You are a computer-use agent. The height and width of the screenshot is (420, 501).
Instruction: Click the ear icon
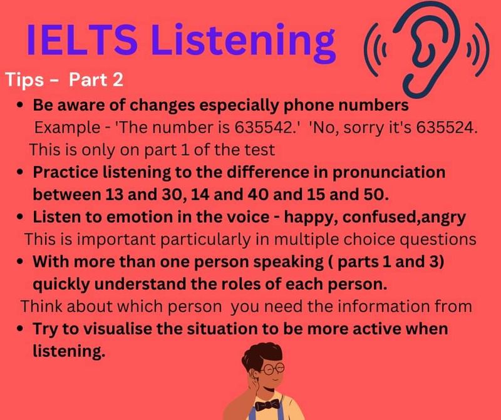[x=426, y=46]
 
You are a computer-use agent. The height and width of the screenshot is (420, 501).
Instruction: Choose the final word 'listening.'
[x=68, y=352]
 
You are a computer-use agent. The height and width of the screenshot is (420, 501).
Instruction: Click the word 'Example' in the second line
[x=62, y=128]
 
